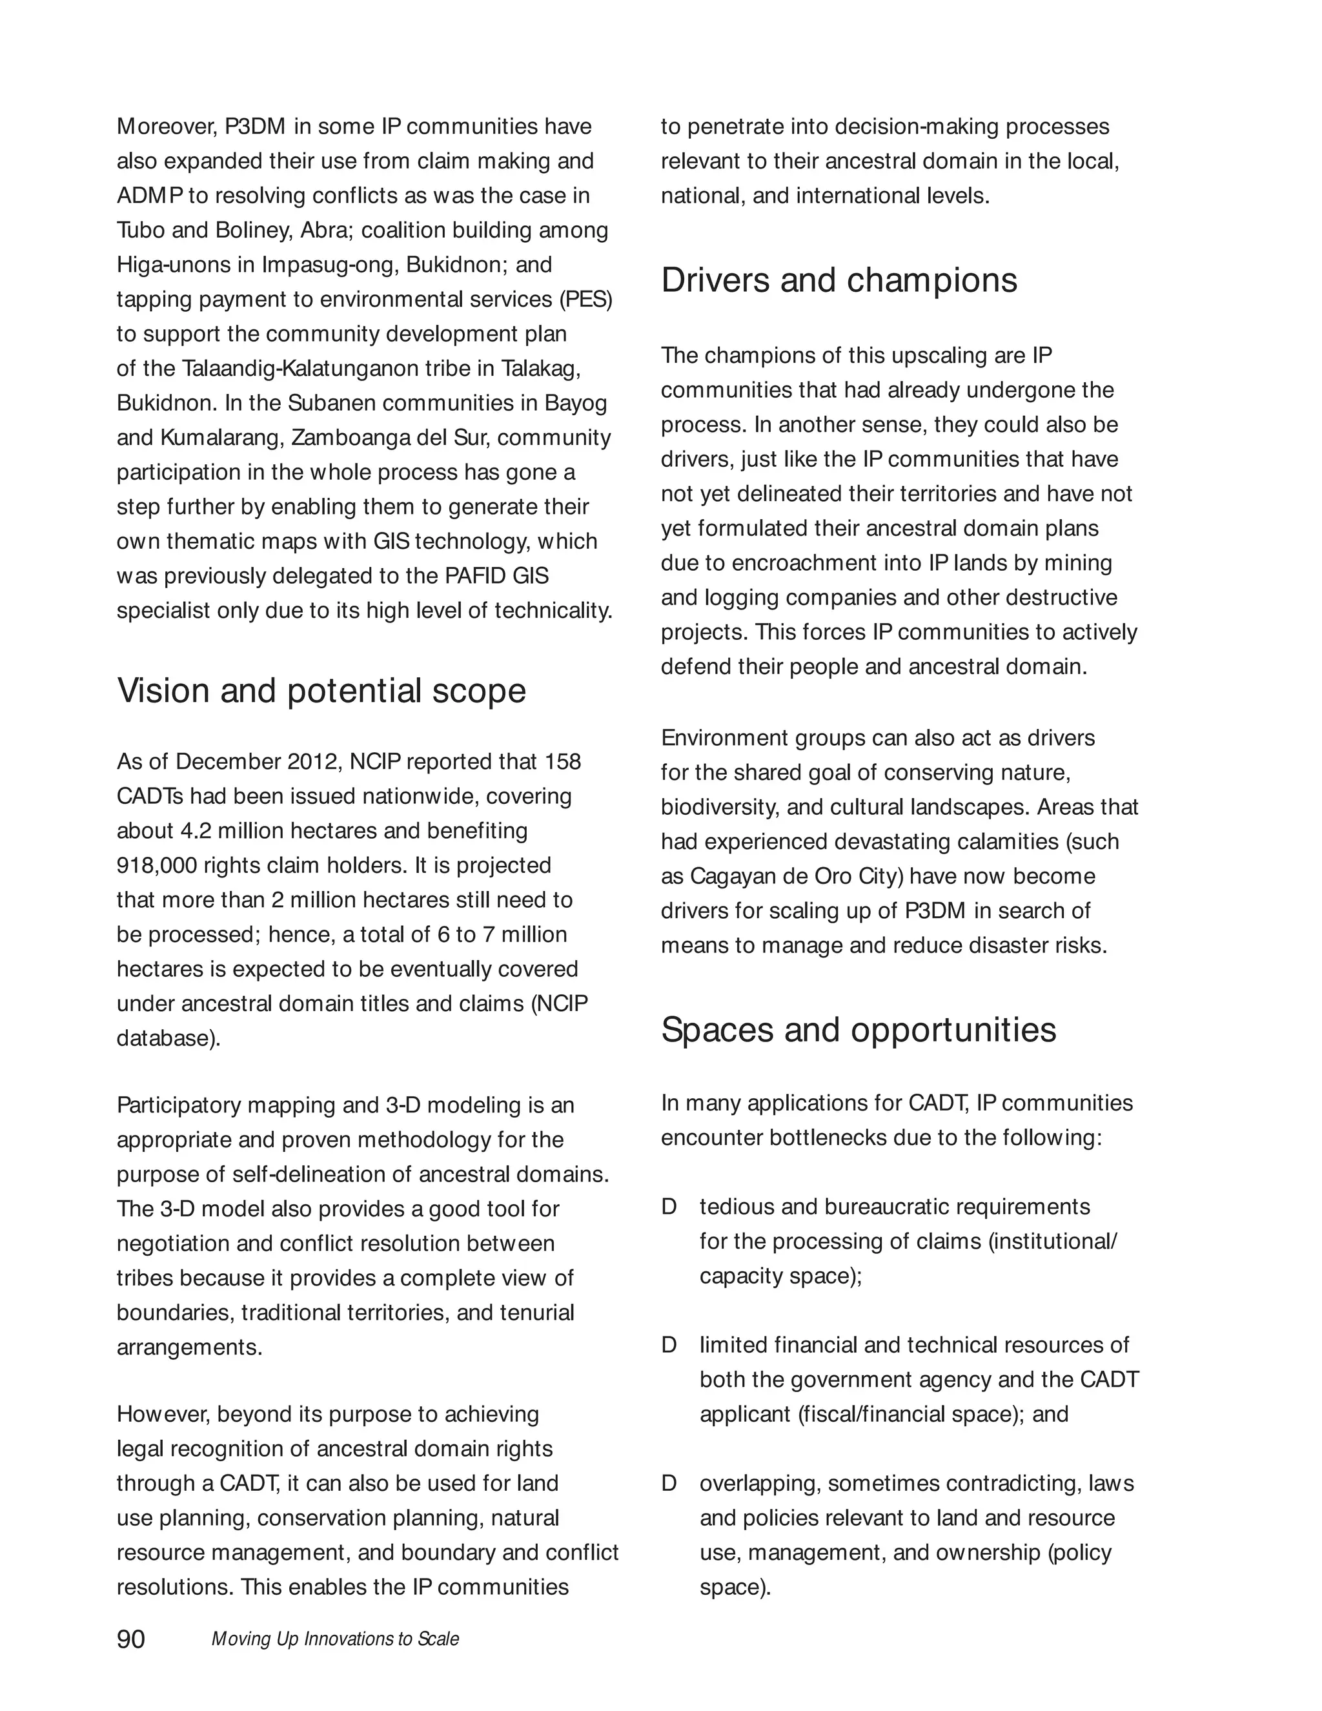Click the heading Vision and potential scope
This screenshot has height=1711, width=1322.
(x=321, y=691)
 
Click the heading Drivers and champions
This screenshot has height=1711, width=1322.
(x=839, y=280)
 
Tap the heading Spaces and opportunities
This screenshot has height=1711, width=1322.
(x=859, y=1029)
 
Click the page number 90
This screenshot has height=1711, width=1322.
(x=131, y=1639)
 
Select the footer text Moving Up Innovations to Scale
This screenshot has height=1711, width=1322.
(x=335, y=1639)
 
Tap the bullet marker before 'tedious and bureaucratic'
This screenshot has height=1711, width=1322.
(x=669, y=1207)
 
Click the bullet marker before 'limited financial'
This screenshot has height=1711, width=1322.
(x=669, y=1345)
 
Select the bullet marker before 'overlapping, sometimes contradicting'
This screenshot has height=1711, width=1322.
(x=669, y=1483)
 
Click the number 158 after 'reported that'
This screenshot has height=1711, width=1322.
(x=562, y=761)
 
